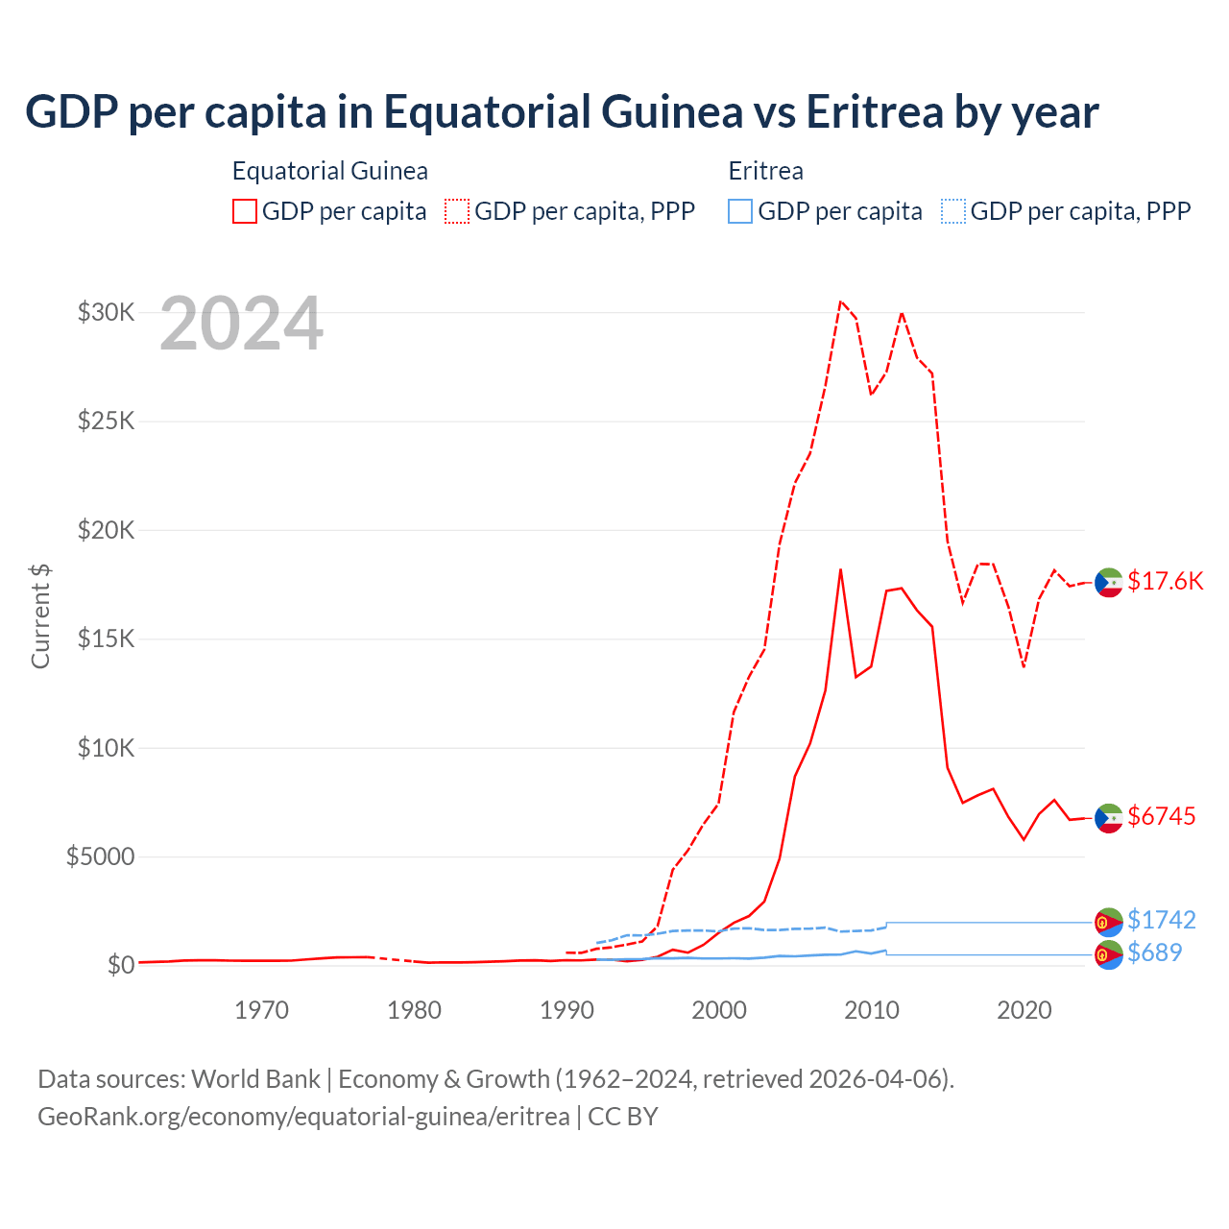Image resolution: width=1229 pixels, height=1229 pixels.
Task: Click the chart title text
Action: tap(562, 112)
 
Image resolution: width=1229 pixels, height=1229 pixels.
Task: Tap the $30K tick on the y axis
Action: tap(106, 312)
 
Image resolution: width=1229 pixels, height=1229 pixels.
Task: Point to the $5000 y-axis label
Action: tap(100, 856)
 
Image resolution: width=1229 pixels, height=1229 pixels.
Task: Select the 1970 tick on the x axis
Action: tap(262, 1010)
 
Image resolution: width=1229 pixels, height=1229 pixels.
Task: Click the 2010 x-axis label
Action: tap(872, 1010)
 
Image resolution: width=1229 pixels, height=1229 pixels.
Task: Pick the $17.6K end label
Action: tap(1165, 581)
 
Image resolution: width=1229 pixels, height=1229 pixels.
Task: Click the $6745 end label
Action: tap(1162, 816)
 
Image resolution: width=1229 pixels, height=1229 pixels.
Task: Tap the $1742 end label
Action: tap(1162, 920)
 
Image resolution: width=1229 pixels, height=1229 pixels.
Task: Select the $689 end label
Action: tap(1155, 952)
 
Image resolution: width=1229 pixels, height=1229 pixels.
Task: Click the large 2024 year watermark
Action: tap(241, 325)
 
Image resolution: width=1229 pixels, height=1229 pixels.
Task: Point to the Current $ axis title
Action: tap(40, 615)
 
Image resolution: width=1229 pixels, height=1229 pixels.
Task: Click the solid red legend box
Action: tap(245, 211)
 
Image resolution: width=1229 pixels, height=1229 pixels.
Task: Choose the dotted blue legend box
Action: tap(953, 211)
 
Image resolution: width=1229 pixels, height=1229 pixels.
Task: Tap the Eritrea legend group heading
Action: tap(765, 171)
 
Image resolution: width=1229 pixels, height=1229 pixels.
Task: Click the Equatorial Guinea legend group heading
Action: tap(329, 171)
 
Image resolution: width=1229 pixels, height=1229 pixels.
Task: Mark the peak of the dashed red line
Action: tap(840, 301)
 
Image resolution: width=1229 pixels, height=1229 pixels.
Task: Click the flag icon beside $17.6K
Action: tap(1109, 582)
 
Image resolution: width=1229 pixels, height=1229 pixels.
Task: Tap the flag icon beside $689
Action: tap(1109, 954)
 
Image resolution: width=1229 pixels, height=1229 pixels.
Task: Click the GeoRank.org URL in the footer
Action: tap(303, 1117)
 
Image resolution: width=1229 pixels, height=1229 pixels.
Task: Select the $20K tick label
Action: tap(106, 530)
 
